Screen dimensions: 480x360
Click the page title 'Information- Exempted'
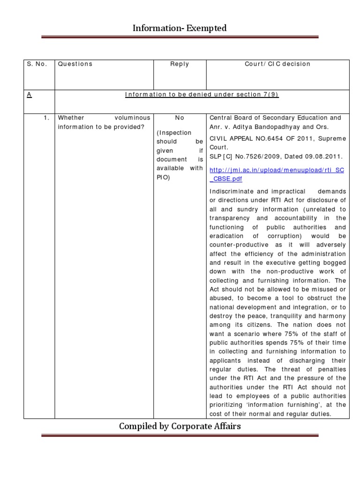tap(180, 29)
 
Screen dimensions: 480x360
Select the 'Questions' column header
tap(75, 64)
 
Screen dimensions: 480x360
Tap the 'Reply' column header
tap(180, 64)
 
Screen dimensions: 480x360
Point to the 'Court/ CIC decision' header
tap(277, 64)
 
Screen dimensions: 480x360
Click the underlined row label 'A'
tap(29, 95)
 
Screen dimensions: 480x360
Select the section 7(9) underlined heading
tap(202, 95)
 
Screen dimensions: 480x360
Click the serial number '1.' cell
tap(46, 118)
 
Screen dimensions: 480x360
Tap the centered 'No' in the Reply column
tap(180, 118)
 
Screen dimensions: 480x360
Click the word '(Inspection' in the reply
tap(174, 133)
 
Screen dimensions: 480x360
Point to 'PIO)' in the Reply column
tap(162, 177)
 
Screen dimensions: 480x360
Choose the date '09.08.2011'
tap(325, 157)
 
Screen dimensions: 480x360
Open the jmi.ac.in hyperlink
tap(277, 174)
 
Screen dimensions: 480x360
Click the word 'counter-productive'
tap(239, 245)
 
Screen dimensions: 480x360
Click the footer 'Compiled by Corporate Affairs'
tap(180, 426)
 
